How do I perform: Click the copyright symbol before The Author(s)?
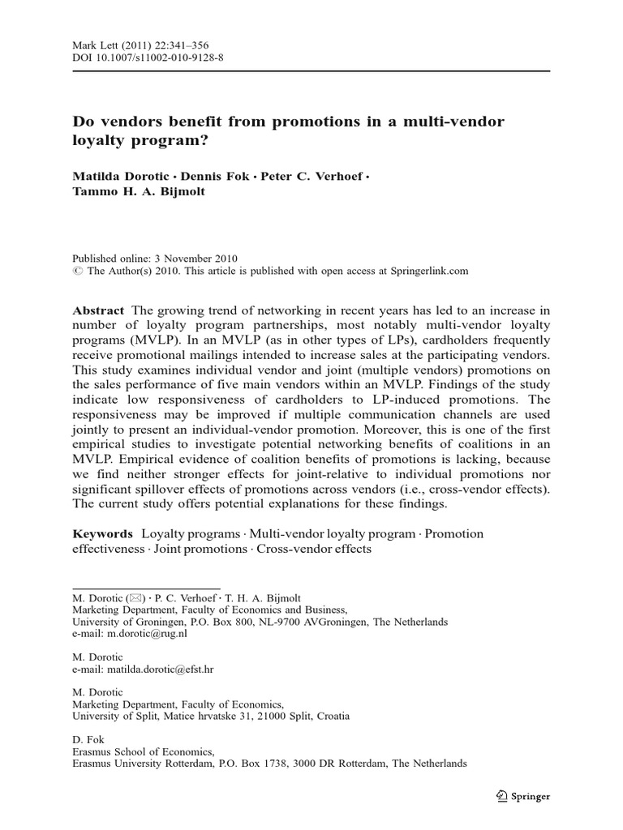coord(78,272)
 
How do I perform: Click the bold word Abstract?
coord(98,311)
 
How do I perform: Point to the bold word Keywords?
coord(102,533)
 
